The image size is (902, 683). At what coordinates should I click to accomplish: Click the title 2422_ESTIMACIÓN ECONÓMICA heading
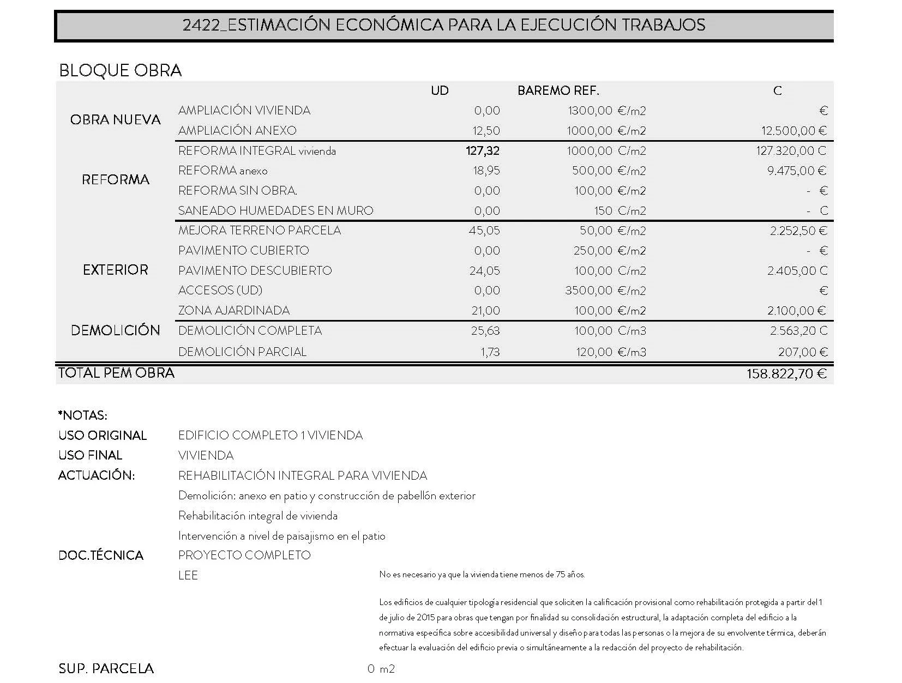444,25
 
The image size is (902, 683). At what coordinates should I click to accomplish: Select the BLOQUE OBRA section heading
120,70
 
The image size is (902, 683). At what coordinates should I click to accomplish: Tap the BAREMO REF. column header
558,90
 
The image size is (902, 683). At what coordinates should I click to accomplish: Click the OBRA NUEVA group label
115,120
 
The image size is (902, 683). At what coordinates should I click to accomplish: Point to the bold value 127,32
483,151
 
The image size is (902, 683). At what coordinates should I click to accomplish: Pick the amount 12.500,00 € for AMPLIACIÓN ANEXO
793,131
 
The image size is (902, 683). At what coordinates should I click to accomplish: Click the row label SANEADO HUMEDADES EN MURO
275,210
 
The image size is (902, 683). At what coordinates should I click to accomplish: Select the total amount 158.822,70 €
786,374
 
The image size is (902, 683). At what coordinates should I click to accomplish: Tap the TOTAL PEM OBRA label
116,373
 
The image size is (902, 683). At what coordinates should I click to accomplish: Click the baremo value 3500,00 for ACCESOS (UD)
588,291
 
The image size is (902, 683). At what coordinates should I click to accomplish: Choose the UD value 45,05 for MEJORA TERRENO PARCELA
484,231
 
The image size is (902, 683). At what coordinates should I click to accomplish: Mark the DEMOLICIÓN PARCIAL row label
242,352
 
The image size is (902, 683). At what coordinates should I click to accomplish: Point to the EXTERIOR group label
115,270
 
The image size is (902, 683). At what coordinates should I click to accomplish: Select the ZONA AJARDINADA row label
234,311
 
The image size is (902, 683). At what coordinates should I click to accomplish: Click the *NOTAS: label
82,415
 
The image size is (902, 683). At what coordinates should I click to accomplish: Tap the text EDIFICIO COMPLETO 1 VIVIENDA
270,436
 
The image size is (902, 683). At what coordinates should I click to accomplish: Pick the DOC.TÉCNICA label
100,555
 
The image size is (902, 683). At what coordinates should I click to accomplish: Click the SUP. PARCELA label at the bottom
106,669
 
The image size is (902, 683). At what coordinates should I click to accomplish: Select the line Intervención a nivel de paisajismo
281,536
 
